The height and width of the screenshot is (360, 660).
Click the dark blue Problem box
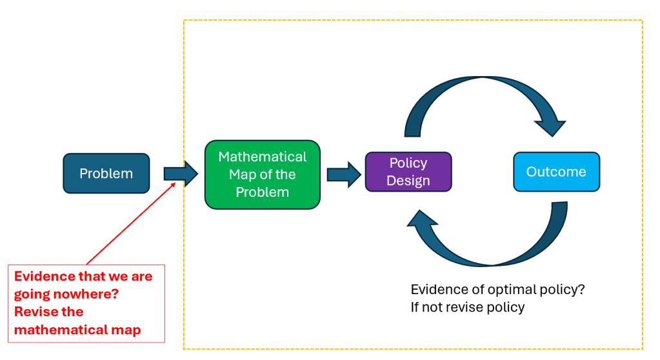[106, 174]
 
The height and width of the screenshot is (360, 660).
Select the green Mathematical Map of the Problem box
[262, 174]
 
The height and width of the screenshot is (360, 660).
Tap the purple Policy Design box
[408, 172]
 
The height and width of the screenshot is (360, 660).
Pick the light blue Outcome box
[556, 172]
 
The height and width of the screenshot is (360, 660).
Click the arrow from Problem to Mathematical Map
[180, 174]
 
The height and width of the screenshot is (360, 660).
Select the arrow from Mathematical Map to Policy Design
[343, 174]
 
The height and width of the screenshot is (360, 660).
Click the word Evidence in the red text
[43, 276]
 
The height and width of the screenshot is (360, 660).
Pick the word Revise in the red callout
[36, 312]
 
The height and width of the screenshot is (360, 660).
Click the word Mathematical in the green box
[262, 157]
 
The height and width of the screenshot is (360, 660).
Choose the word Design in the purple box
[408, 181]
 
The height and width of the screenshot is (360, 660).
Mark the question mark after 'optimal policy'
[581, 290]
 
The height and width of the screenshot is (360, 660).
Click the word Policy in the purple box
[408, 163]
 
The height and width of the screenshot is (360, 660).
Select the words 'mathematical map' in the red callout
[77, 330]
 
